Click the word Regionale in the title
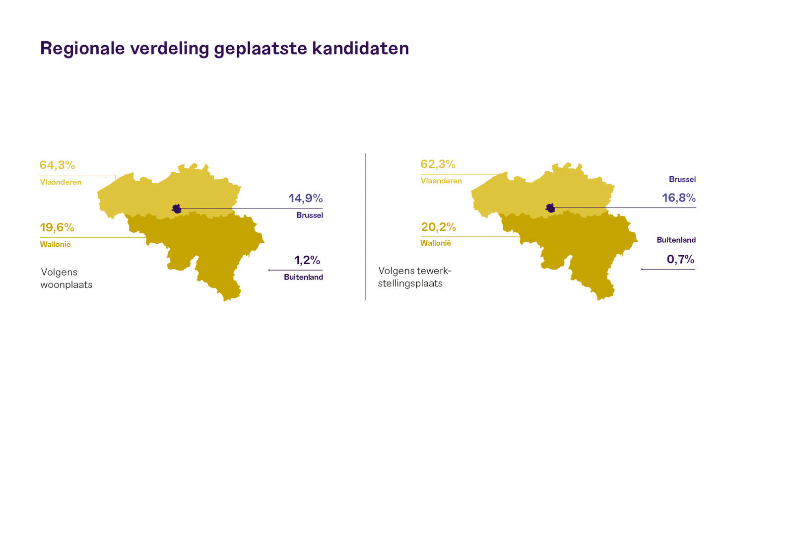tap(82, 49)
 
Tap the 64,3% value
tap(57, 165)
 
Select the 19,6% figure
tap(57, 227)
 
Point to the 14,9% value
tap(306, 198)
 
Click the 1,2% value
tap(307, 260)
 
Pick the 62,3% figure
tap(438, 164)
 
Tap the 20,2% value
tap(439, 227)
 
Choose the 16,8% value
tap(679, 198)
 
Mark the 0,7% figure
tap(680, 259)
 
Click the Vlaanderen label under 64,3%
tap(61, 182)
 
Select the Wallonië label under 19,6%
tap(55, 244)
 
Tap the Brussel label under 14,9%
tap(310, 215)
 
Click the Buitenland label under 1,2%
tap(303, 278)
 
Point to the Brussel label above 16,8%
tap(682, 179)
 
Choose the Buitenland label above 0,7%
tap(676, 240)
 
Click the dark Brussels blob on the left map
tap(177, 209)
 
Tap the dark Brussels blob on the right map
tap(550, 208)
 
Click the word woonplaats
tap(66, 285)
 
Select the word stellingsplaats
tap(410, 283)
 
